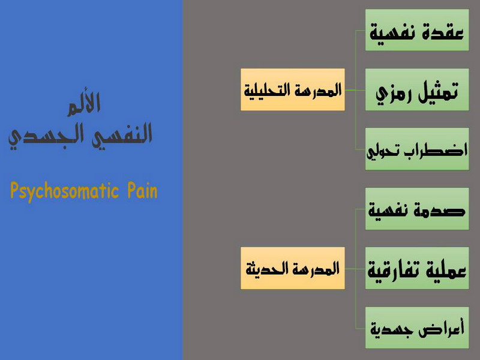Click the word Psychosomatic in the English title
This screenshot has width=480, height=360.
(65, 191)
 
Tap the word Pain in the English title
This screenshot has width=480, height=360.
(142, 190)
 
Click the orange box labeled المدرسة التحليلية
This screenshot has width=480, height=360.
(293, 89)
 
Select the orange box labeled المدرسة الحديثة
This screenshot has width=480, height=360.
(293, 268)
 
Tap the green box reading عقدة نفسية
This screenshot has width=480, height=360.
(417, 30)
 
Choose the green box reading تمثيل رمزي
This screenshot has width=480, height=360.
(417, 89)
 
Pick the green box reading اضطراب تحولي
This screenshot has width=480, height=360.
(417, 149)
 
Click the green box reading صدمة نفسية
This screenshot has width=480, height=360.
(417, 209)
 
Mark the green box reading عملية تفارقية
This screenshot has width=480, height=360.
(417, 268)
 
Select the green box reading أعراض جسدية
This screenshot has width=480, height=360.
(417, 328)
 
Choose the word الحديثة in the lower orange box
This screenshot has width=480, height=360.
(267, 269)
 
